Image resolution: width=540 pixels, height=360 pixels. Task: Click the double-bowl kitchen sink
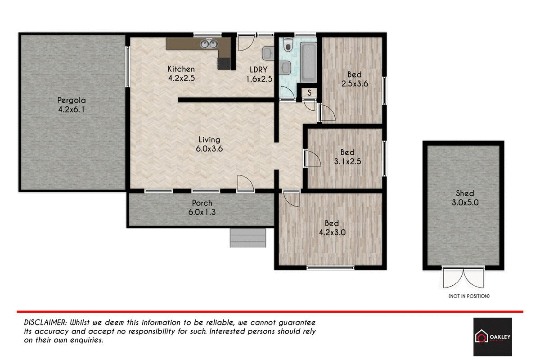tap(208, 44)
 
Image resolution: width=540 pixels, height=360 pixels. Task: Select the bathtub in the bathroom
tap(309, 61)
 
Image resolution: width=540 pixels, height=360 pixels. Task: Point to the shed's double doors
tap(463, 278)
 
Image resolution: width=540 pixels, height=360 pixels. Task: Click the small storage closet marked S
tap(310, 92)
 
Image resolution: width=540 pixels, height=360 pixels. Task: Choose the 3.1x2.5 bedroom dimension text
tap(347, 161)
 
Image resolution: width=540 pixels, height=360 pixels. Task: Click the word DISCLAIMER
tap(45, 323)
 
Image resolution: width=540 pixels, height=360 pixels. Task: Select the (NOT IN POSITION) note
tap(468, 296)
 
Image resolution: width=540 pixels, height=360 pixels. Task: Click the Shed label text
tap(465, 193)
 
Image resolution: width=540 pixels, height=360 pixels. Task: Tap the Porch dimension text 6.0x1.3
tap(202, 212)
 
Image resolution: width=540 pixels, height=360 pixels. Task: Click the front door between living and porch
tap(245, 184)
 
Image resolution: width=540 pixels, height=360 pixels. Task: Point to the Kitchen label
tap(181, 69)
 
